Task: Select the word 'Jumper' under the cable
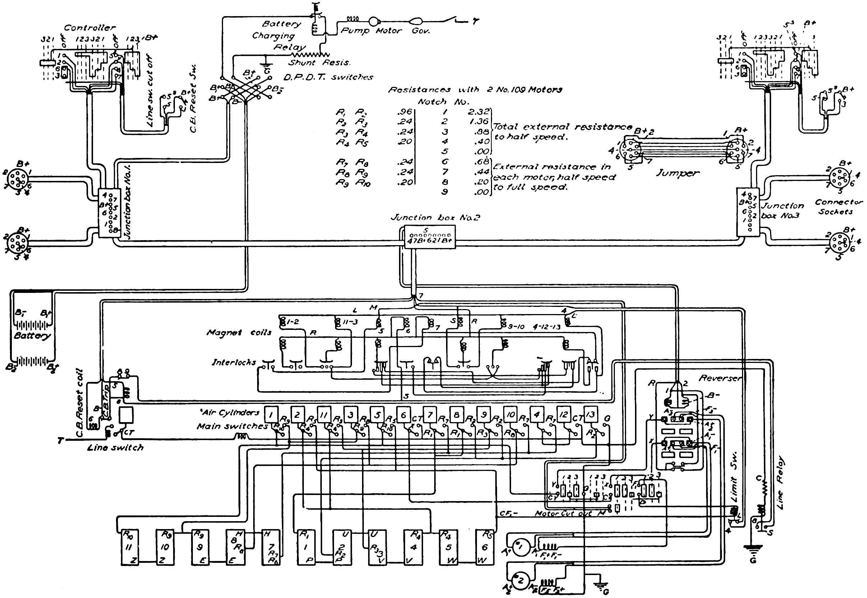coord(677,173)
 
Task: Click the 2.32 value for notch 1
coord(478,112)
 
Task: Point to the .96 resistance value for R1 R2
coord(404,112)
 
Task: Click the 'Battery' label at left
coord(32,335)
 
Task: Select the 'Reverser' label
coord(720,378)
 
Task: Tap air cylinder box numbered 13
coord(590,415)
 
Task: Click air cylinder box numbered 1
coord(271,415)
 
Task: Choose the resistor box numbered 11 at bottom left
coord(130,547)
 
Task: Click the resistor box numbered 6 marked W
coord(484,547)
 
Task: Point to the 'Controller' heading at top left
coord(89,28)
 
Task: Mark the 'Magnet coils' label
coord(239,332)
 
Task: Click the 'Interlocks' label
coord(233,362)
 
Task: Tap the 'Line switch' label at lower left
coord(115,448)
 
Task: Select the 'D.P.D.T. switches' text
coord(328,77)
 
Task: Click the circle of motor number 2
coord(520,581)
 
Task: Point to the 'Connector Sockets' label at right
coord(839,207)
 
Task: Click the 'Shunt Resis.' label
coord(319,62)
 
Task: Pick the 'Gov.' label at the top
coord(421,31)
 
